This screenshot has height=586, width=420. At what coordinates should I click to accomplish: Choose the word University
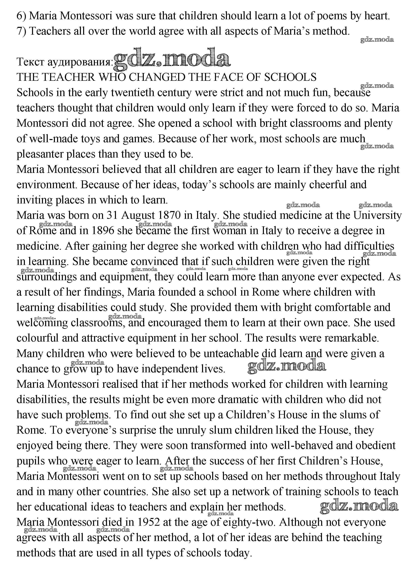pyautogui.click(x=377, y=215)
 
